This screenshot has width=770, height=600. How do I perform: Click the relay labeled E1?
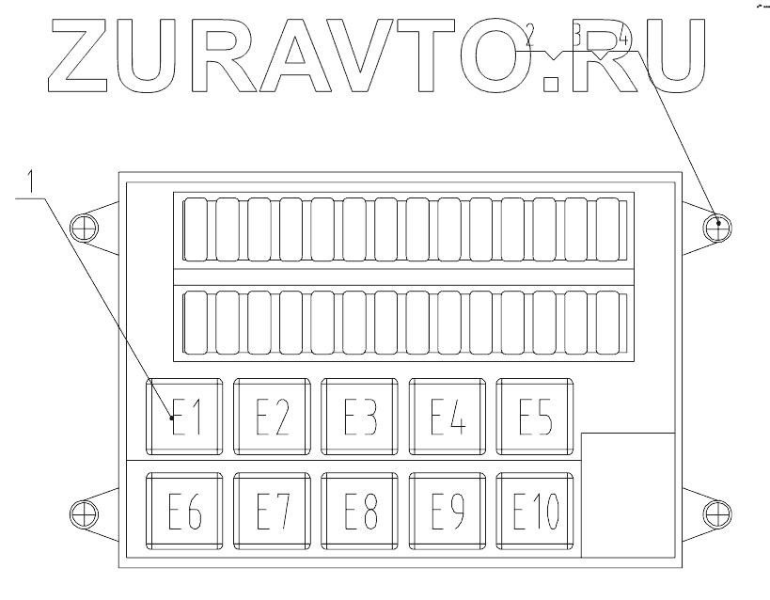coord(185,417)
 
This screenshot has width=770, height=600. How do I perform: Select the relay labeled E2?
coord(272,417)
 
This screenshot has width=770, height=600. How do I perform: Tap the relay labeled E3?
coord(360,417)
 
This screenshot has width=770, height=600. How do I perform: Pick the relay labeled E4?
coord(448,417)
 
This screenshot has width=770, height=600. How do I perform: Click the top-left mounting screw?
coord(85,227)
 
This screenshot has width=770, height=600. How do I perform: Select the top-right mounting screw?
coord(718,226)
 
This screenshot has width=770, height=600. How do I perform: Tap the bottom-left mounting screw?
coord(85,512)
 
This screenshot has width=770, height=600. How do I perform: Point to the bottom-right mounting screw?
coord(718,512)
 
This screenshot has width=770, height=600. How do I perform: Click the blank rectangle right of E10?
coord(628,495)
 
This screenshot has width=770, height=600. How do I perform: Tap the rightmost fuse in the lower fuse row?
coord(609,323)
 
